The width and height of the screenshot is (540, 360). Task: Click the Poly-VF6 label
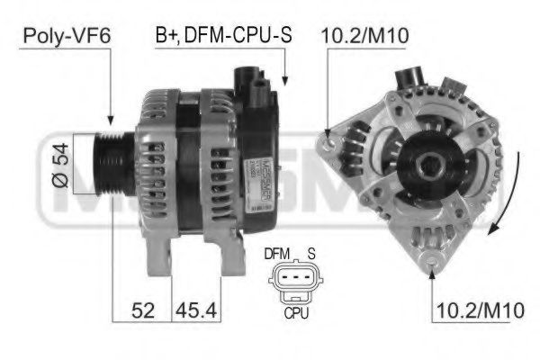61,36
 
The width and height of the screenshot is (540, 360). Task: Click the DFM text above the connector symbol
276,255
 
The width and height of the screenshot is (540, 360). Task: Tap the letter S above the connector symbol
310,255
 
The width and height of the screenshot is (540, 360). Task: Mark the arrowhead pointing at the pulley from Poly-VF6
110,121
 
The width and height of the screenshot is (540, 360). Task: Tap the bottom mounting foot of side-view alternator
162,261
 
